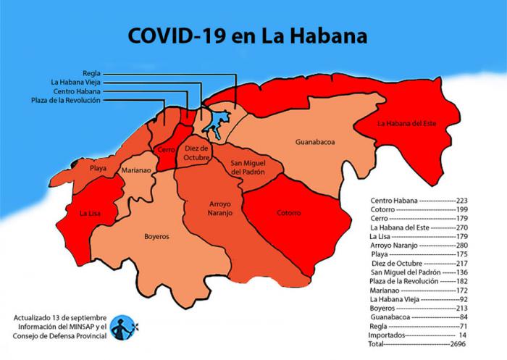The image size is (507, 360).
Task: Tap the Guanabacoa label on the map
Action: [315, 143]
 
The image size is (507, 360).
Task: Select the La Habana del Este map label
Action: [410, 123]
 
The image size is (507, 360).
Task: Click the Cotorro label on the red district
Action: [288, 213]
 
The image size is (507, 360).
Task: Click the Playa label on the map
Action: [98, 168]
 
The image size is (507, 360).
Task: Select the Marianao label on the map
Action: [135, 170]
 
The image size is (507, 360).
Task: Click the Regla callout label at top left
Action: [91, 73]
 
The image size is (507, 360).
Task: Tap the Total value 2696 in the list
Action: [458, 346]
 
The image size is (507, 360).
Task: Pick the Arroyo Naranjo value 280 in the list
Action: [459, 246]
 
